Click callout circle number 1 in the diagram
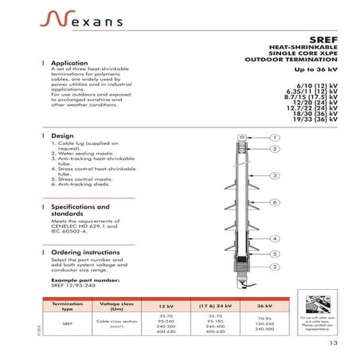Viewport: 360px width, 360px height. tap(274, 137)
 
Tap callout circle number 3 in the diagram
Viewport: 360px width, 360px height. tap(274, 175)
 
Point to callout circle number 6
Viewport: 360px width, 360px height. tap(274, 202)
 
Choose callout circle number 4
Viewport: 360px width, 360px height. tap(274, 238)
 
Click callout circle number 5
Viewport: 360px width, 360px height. tap(274, 253)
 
